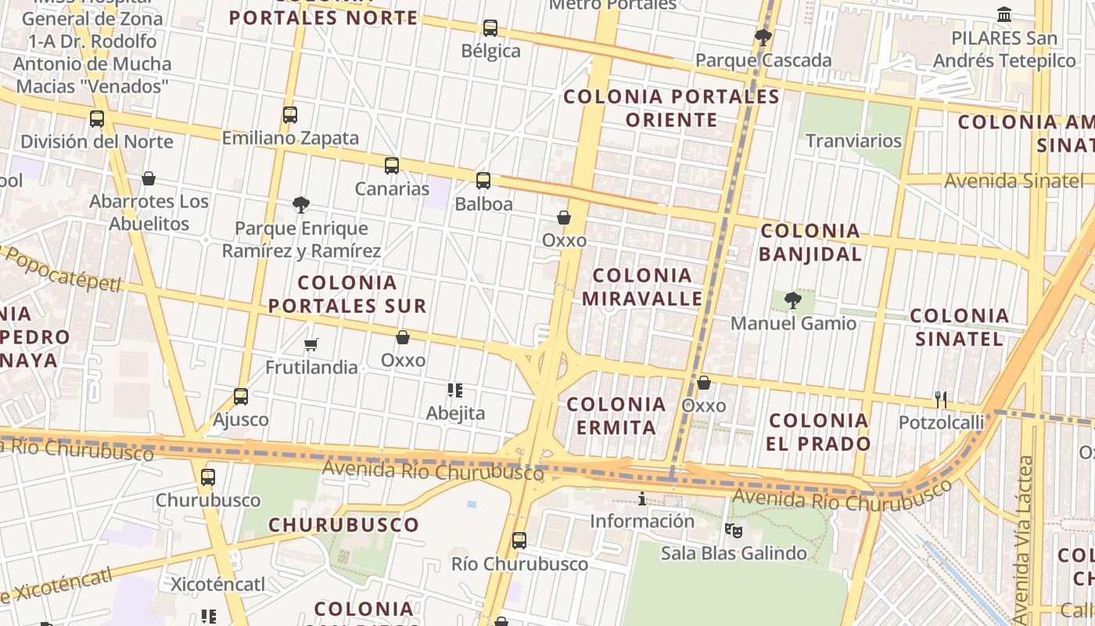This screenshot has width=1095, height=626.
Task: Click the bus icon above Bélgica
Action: pos(490,28)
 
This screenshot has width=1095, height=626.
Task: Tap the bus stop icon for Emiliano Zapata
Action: pos(290,115)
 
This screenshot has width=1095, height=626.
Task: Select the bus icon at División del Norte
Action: pos(97,119)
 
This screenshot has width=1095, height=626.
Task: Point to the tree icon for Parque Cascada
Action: pos(763,37)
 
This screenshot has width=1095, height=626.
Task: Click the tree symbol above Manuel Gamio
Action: pos(793,300)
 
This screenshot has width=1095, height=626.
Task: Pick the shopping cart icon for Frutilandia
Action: pos(311,344)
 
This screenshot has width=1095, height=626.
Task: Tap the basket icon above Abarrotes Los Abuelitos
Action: pos(149,178)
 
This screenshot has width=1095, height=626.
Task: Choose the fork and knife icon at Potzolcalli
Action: pos(941,400)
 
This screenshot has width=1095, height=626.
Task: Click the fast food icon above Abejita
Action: pos(455,390)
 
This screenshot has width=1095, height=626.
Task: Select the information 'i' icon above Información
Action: pos(642,498)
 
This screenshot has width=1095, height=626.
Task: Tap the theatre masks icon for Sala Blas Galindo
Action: pos(733,531)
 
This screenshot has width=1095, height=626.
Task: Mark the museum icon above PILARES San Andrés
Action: pos(1004,14)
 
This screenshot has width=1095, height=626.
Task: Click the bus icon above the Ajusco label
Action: pos(241,397)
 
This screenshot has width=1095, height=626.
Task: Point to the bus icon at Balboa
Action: pos(483,181)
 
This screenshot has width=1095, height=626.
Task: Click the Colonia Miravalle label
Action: pos(642,286)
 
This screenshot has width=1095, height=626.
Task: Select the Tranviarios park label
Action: pos(853,141)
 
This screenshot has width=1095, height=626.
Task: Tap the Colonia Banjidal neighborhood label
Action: pos(810,242)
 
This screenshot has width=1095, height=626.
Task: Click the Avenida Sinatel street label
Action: pos(1014,181)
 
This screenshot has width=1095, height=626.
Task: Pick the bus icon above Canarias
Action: pos(392,166)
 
